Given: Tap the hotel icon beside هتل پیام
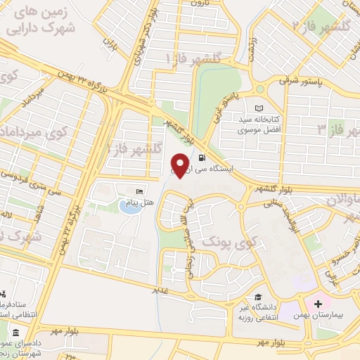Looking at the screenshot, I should (139, 191).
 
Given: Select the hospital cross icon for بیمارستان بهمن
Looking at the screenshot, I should (318, 304).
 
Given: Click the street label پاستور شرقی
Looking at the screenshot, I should (303, 80).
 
